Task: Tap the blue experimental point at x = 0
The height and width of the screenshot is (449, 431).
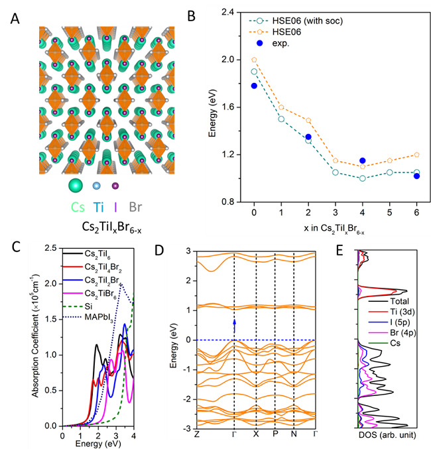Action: (254, 86)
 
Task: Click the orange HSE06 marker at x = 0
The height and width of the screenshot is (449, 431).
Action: (254, 60)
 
